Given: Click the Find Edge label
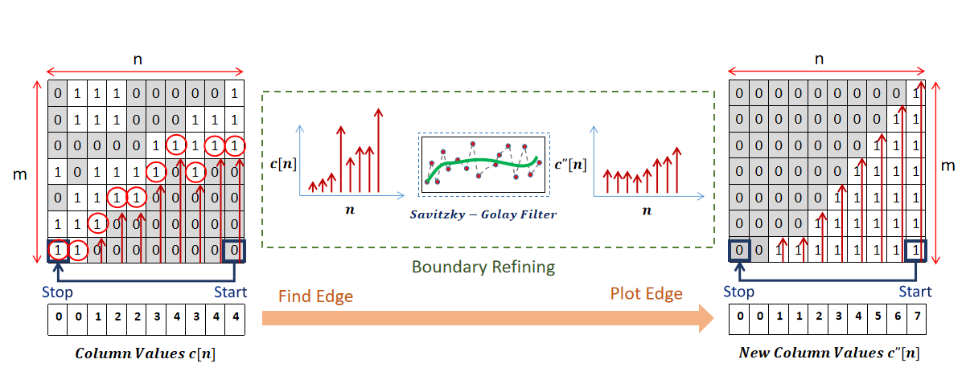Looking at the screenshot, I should (x=315, y=296).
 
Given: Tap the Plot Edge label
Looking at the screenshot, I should (x=648, y=294).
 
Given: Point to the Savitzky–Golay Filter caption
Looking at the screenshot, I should (x=483, y=214).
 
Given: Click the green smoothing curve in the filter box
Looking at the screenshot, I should (x=483, y=164).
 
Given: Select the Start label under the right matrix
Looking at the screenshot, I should (x=915, y=291).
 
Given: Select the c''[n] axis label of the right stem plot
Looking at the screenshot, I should (x=570, y=165).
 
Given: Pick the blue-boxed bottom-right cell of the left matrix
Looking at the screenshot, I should (x=234, y=251).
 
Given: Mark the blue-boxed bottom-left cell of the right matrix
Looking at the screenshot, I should (x=739, y=251).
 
